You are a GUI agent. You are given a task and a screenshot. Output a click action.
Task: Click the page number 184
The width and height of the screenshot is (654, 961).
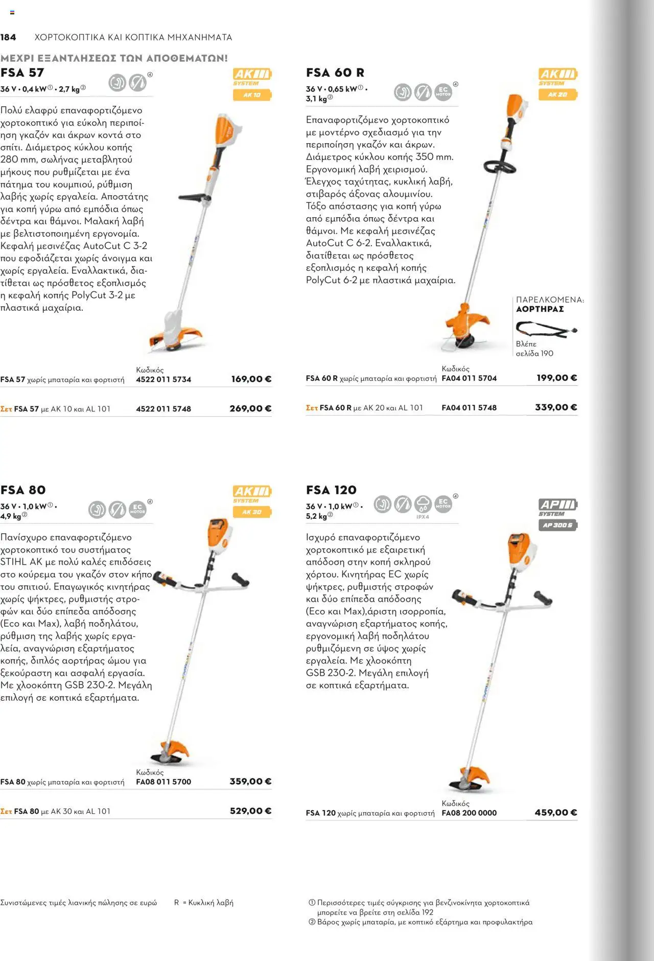point(8,37)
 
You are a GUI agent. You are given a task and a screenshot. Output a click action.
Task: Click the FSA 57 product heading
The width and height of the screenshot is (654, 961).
point(22,73)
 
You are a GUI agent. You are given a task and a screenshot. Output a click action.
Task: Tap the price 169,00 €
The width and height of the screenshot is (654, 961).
point(251,379)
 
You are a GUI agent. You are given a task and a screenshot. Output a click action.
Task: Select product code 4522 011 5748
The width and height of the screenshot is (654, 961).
point(163,409)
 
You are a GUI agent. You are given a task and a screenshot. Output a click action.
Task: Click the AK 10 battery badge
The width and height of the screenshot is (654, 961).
point(252,95)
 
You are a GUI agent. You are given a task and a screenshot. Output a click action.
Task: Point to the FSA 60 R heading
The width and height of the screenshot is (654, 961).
point(335,73)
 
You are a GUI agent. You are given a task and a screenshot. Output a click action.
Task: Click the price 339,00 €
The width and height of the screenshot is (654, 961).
point(556,407)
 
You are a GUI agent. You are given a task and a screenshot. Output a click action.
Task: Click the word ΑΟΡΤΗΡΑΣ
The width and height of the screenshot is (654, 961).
point(540,309)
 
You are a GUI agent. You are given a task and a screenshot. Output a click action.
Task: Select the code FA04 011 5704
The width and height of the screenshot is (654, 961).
point(469,378)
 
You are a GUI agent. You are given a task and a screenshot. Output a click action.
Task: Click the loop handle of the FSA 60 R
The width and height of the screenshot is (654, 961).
point(500,167)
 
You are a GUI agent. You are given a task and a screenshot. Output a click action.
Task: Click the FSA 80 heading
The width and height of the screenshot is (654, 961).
point(24,490)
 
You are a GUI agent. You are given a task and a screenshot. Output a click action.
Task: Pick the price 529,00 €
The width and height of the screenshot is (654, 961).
point(250,811)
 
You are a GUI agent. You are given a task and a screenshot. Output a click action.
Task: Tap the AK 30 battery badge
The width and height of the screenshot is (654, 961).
point(252,512)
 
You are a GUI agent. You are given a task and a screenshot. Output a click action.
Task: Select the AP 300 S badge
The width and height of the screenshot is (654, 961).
point(557,525)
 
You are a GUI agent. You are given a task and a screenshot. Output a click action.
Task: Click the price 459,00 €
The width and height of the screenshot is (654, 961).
point(556,812)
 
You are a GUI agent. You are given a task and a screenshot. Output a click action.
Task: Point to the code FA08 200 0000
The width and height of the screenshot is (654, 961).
point(469,813)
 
